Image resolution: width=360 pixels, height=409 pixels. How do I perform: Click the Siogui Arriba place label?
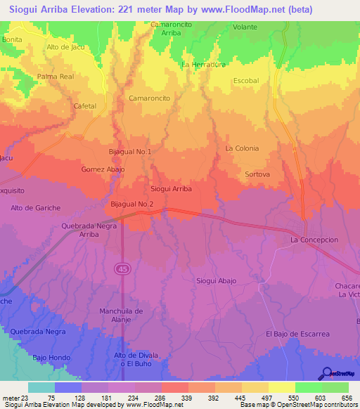pos(172,189)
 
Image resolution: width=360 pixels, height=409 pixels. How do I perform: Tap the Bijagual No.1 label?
pos(130,151)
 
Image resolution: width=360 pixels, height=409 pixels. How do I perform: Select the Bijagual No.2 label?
pos(131,204)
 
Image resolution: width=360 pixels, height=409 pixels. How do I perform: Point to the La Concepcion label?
pos(314,240)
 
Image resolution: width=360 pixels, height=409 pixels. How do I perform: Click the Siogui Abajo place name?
pos(216,280)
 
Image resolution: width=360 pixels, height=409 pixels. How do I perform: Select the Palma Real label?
pos(56,76)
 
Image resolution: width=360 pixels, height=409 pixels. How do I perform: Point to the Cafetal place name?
pos(85,105)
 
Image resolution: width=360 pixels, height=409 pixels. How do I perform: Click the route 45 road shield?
pos(122,268)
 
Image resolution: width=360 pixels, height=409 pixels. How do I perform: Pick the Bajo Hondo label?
pos(51,358)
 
